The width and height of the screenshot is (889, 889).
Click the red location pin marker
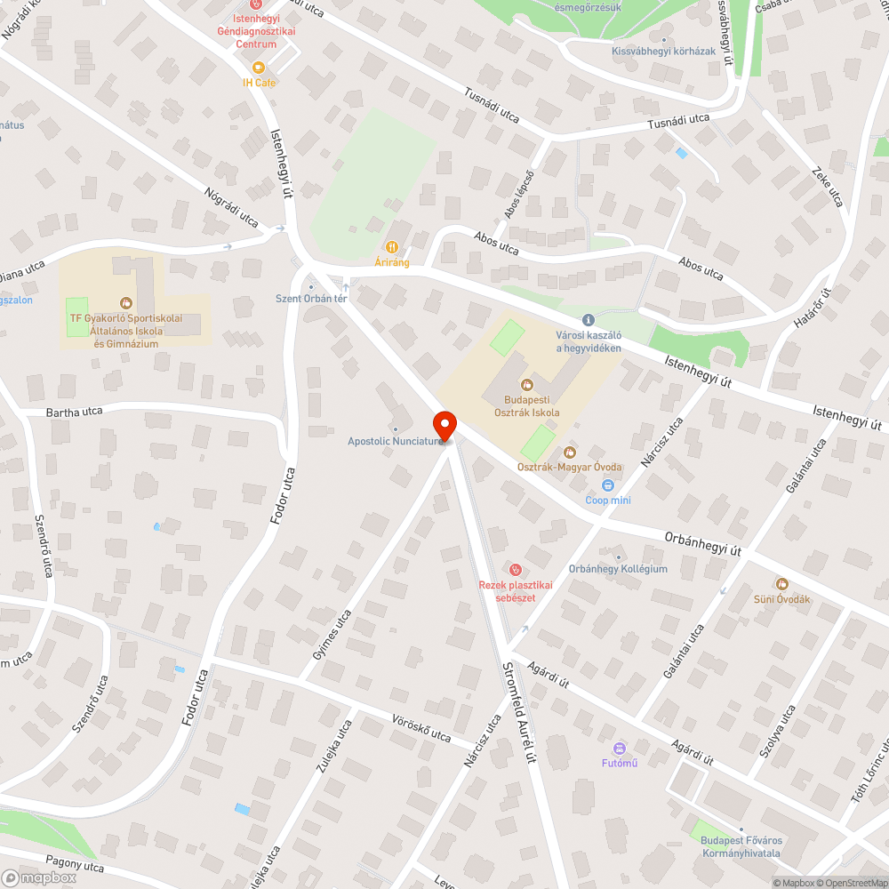click(x=444, y=424)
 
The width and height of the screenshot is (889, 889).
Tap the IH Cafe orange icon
click(x=259, y=68)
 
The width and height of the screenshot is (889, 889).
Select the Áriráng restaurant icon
click(x=391, y=246)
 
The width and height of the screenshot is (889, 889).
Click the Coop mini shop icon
click(x=608, y=485)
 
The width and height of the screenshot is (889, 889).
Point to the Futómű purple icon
click(x=620, y=748)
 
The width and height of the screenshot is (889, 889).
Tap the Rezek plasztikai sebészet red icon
click(x=514, y=569)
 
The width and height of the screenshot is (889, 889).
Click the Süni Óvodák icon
click(x=781, y=583)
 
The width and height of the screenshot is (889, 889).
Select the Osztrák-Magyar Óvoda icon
click(x=569, y=453)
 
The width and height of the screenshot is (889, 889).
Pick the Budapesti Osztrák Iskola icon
click(x=526, y=385)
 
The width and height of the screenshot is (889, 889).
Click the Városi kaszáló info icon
click(x=587, y=319)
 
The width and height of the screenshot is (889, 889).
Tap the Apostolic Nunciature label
click(x=394, y=441)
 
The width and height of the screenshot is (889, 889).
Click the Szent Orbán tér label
click(x=310, y=299)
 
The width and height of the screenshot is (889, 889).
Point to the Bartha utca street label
click(x=75, y=412)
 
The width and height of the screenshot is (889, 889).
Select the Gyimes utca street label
click(x=332, y=634)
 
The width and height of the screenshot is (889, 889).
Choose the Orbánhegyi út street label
click(x=702, y=543)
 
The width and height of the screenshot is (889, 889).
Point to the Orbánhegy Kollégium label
click(x=618, y=569)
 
